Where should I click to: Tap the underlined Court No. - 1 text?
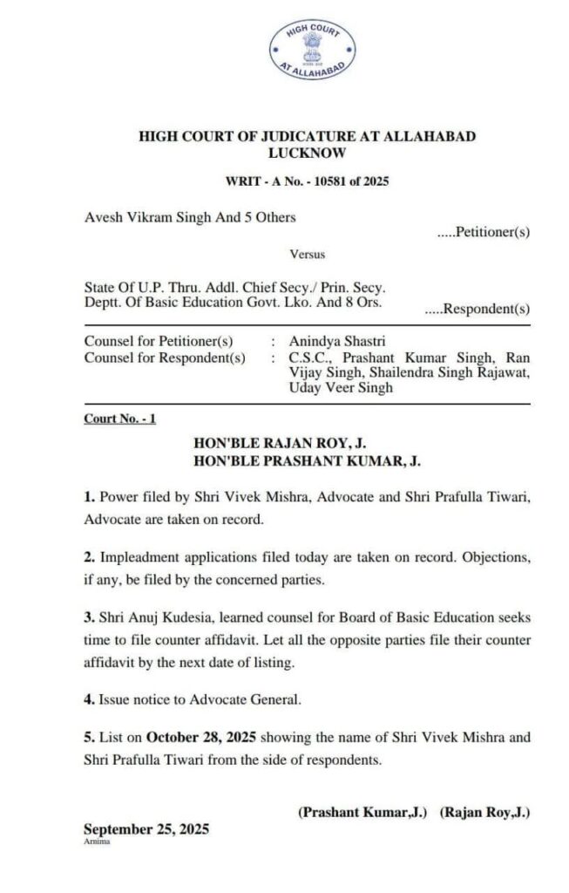(x=120, y=419)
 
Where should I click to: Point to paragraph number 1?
(x=88, y=499)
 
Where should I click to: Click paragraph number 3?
(x=88, y=617)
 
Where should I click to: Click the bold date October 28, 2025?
(x=199, y=737)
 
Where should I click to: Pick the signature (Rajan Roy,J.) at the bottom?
(x=485, y=812)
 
